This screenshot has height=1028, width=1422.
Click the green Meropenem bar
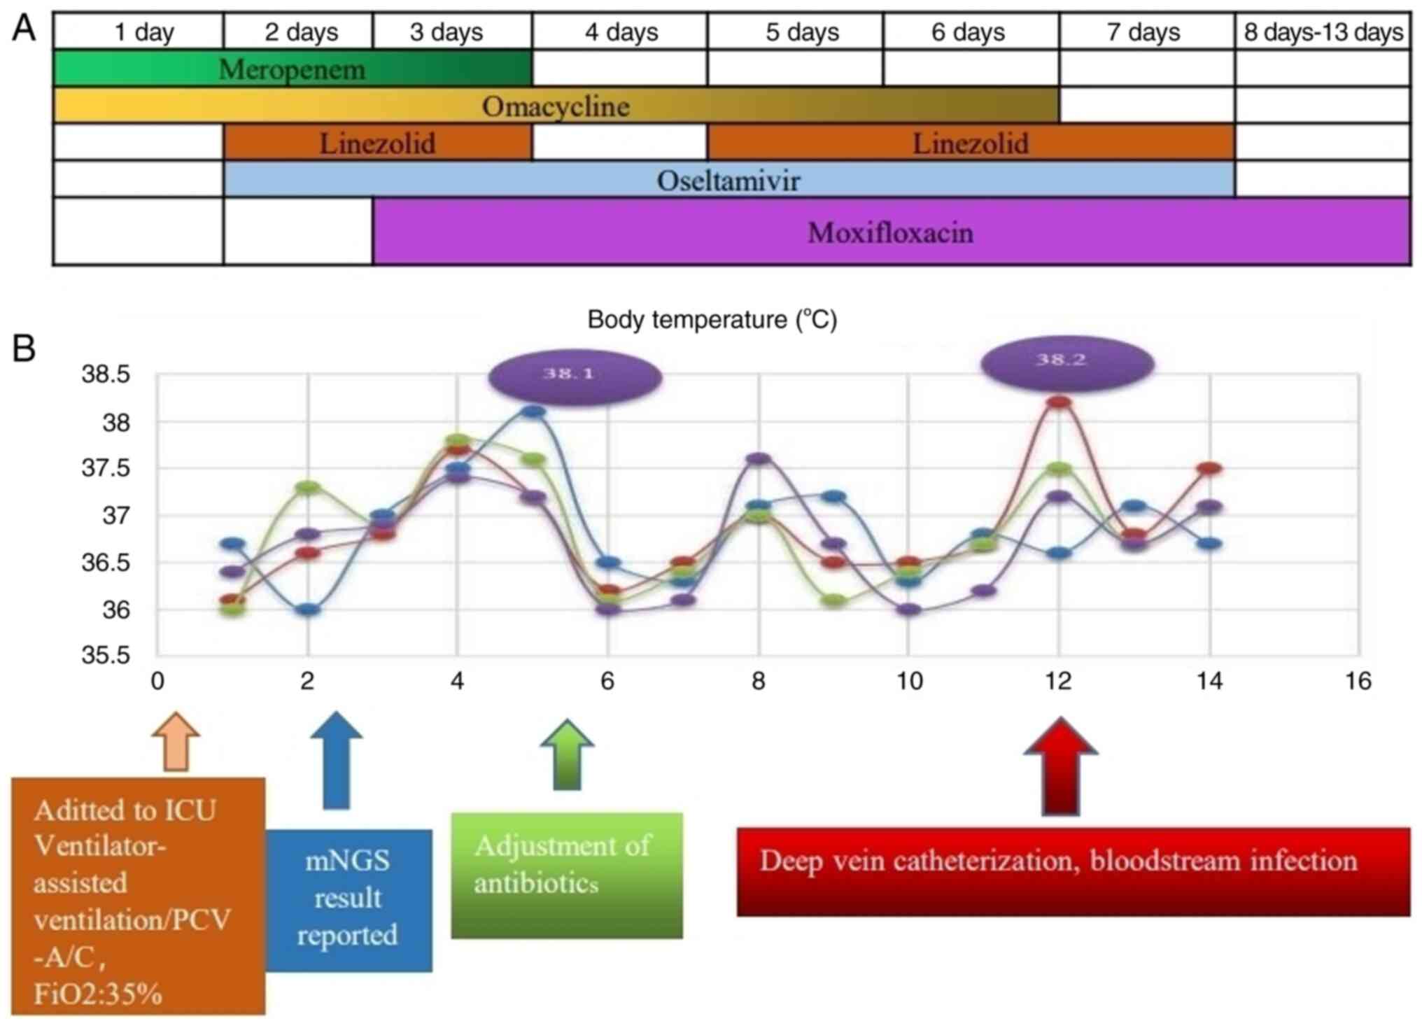pos(293,69)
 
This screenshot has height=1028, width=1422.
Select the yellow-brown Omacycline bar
pos(556,106)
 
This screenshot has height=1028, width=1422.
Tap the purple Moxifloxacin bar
pos(890,232)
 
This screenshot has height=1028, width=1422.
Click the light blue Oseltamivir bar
pos(728,180)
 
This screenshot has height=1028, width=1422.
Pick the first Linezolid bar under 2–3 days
pos(377,143)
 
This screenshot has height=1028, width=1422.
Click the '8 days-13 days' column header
pos(1323,32)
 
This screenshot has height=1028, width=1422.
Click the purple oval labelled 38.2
pos(1066,362)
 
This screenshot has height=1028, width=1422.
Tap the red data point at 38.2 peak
pos(1060,402)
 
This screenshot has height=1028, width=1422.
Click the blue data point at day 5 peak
pos(534,412)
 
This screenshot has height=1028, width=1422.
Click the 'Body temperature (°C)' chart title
pos(712,320)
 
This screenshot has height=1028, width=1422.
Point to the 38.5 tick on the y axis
pos(106,374)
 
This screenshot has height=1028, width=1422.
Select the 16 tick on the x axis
pos(1358,681)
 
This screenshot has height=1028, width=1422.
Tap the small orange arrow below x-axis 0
pos(176,742)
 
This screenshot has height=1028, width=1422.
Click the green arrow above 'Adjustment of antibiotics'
pos(567,754)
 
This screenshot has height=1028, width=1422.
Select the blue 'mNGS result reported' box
pos(349,899)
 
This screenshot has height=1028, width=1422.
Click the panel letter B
pos(24,348)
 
